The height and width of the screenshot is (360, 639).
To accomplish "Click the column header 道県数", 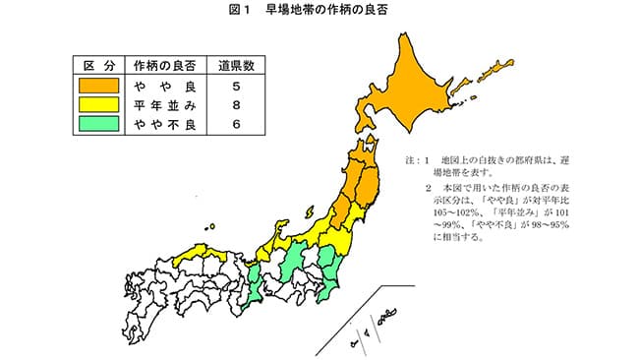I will (237, 67).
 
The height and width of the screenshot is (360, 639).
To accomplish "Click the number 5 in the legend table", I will (237, 87).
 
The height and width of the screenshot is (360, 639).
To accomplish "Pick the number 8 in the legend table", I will (237, 105).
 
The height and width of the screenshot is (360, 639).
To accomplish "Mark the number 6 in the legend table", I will (237, 125).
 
